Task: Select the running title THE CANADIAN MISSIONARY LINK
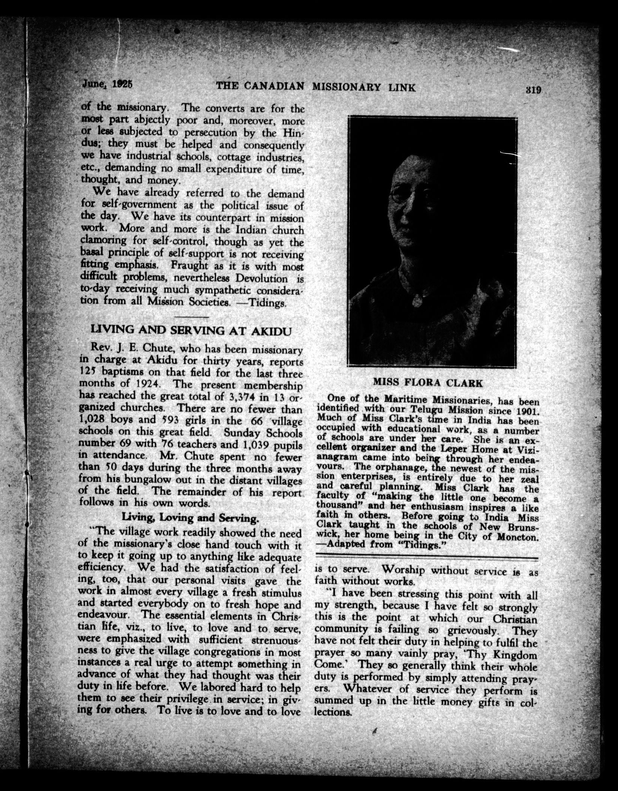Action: pyautogui.click(x=316, y=87)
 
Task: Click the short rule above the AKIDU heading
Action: pyautogui.click(x=192, y=317)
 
